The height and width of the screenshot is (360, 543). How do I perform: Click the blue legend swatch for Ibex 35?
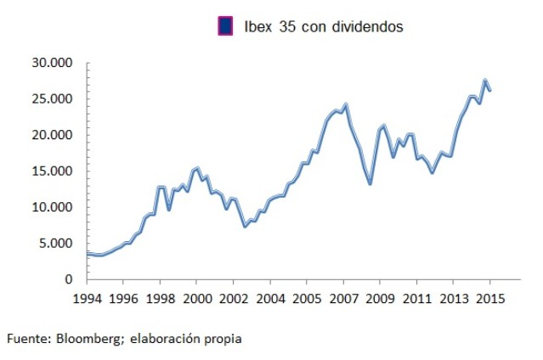(x=226, y=26)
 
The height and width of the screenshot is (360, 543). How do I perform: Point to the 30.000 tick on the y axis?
(x=54, y=64)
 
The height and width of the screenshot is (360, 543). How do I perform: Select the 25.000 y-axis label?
(x=54, y=99)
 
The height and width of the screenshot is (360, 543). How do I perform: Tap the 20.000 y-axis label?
(x=54, y=136)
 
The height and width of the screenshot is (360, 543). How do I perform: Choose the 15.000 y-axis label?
(x=54, y=172)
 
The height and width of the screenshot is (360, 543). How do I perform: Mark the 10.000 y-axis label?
(x=54, y=208)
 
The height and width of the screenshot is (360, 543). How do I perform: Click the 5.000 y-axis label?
(x=57, y=244)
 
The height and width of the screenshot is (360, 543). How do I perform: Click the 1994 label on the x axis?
(x=87, y=298)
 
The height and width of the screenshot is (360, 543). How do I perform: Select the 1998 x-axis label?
(x=160, y=298)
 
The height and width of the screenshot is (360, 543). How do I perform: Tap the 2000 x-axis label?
(x=196, y=298)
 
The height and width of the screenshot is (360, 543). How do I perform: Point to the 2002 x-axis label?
(x=233, y=298)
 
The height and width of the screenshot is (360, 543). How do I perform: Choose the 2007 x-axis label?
(x=343, y=298)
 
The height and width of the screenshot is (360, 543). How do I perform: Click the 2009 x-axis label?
(x=380, y=298)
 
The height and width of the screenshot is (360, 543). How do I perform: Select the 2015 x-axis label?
(x=489, y=298)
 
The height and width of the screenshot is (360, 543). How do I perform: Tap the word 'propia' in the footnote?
(x=223, y=339)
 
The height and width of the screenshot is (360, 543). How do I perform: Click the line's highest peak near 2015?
(x=484, y=81)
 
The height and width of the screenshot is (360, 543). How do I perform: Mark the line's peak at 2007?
(x=346, y=104)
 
